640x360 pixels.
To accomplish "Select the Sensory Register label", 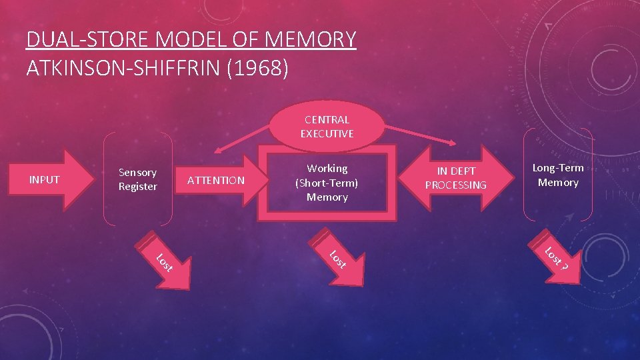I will pos(137,179).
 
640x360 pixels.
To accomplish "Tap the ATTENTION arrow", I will pos(217,180).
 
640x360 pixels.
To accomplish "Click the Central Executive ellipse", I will pos(327,127).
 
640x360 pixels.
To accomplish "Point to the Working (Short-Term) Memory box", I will pos(327,183).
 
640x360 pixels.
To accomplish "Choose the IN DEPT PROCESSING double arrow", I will pos(456,178).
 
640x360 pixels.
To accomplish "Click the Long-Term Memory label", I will pos(558,175).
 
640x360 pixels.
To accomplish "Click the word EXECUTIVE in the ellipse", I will pos(327,133).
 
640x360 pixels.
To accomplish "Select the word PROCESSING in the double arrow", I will pos(456,185).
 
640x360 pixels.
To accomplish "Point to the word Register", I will pos(137,187).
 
